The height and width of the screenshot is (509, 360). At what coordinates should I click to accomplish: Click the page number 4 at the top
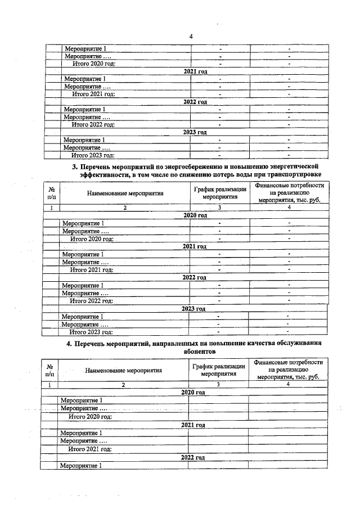tap(191, 37)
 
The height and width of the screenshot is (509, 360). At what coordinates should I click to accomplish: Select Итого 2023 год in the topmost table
tap(92, 155)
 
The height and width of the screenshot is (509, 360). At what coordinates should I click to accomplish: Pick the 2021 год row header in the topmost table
tap(195, 71)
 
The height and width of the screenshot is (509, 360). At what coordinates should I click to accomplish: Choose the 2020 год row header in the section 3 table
tap(195, 215)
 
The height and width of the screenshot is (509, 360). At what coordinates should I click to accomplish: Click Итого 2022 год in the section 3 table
tap(91, 301)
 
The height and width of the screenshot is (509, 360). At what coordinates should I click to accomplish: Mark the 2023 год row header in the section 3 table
tap(193, 309)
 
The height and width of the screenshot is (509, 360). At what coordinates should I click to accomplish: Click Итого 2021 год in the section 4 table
tap(90, 449)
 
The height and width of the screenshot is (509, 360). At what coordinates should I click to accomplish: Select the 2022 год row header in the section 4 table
tap(192, 457)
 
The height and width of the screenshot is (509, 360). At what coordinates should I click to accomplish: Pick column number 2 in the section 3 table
tap(125, 208)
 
